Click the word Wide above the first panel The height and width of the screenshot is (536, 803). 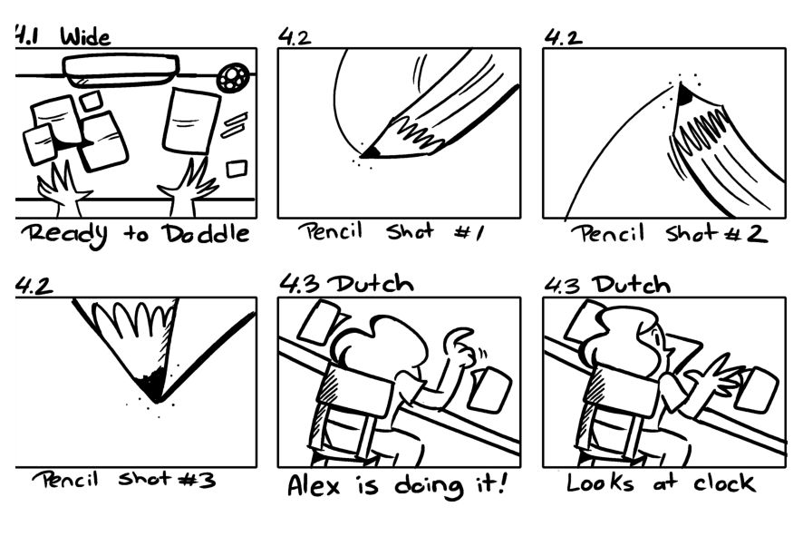click(85, 37)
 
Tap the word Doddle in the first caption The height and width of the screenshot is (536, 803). click(206, 234)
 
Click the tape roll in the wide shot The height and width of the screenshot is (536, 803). click(234, 77)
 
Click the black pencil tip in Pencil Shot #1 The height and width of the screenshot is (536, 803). click(371, 152)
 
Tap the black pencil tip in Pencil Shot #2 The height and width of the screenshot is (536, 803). click(684, 93)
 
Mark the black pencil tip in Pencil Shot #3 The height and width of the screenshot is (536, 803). click(153, 386)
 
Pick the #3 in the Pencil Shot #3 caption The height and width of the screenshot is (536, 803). click(197, 480)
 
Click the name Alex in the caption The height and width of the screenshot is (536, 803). click(314, 484)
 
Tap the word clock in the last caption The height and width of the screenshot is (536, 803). click(724, 482)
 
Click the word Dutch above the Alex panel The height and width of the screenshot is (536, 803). click(371, 284)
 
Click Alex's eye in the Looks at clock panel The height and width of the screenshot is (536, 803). click(656, 338)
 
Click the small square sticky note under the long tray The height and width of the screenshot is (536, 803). click(91, 101)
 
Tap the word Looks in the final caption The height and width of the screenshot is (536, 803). click(599, 482)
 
